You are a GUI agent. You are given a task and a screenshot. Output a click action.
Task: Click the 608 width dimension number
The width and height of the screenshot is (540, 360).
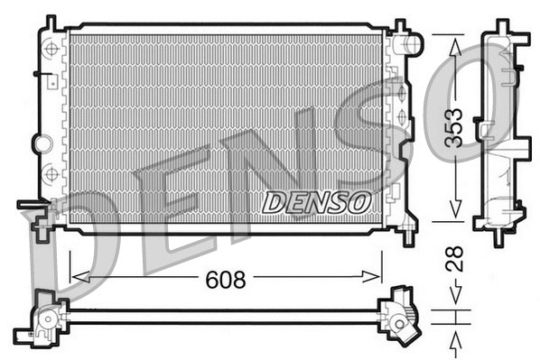click(x=226, y=280)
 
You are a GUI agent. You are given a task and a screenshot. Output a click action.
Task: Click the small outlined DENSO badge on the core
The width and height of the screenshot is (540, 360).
click(x=316, y=203)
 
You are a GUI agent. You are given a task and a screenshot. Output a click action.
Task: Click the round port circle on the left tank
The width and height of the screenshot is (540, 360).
click(x=40, y=142)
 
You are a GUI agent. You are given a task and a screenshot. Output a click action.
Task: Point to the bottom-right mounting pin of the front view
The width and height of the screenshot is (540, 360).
click(x=408, y=237)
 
